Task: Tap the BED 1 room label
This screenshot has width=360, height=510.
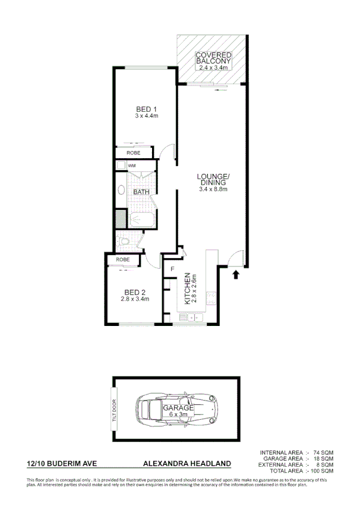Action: (146, 112)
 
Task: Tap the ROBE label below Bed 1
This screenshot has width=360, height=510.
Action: (133, 153)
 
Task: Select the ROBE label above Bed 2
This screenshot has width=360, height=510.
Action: (123, 259)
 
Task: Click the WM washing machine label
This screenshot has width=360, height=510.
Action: (132, 165)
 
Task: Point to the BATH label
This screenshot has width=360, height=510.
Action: (141, 192)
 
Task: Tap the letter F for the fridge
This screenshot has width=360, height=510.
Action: (172, 268)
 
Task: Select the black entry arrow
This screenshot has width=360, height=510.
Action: (236, 274)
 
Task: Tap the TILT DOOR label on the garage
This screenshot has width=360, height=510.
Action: (114, 410)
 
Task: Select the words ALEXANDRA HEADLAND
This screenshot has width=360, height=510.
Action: (187, 464)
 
